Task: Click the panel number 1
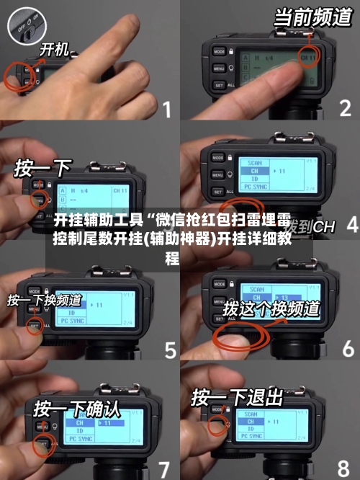click(x=166, y=110)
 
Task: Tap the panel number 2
click(x=345, y=109)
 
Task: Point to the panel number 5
click(x=170, y=350)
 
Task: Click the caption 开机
click(x=54, y=50)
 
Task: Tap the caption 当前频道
click(x=312, y=18)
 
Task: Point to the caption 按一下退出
click(x=236, y=397)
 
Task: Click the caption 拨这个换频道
click(x=271, y=308)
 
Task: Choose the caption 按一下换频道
click(x=44, y=299)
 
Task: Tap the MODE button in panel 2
click(x=218, y=51)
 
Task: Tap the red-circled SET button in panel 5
click(x=35, y=326)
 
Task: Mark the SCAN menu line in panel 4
click(x=255, y=162)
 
